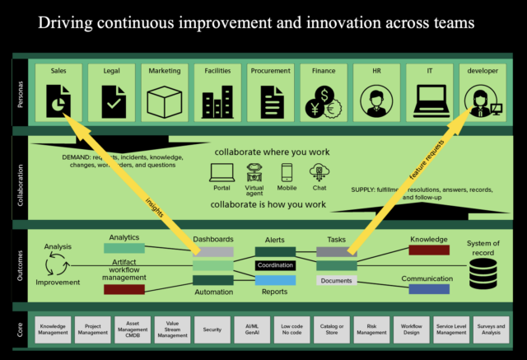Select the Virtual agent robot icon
pos(254,172)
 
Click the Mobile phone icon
pos(287,172)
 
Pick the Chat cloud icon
pos(319,172)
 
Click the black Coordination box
pos(275,265)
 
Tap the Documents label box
pos(337,281)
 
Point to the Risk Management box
pos(371,329)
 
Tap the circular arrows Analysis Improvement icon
pos(58,264)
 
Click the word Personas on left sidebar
pos(20,91)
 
